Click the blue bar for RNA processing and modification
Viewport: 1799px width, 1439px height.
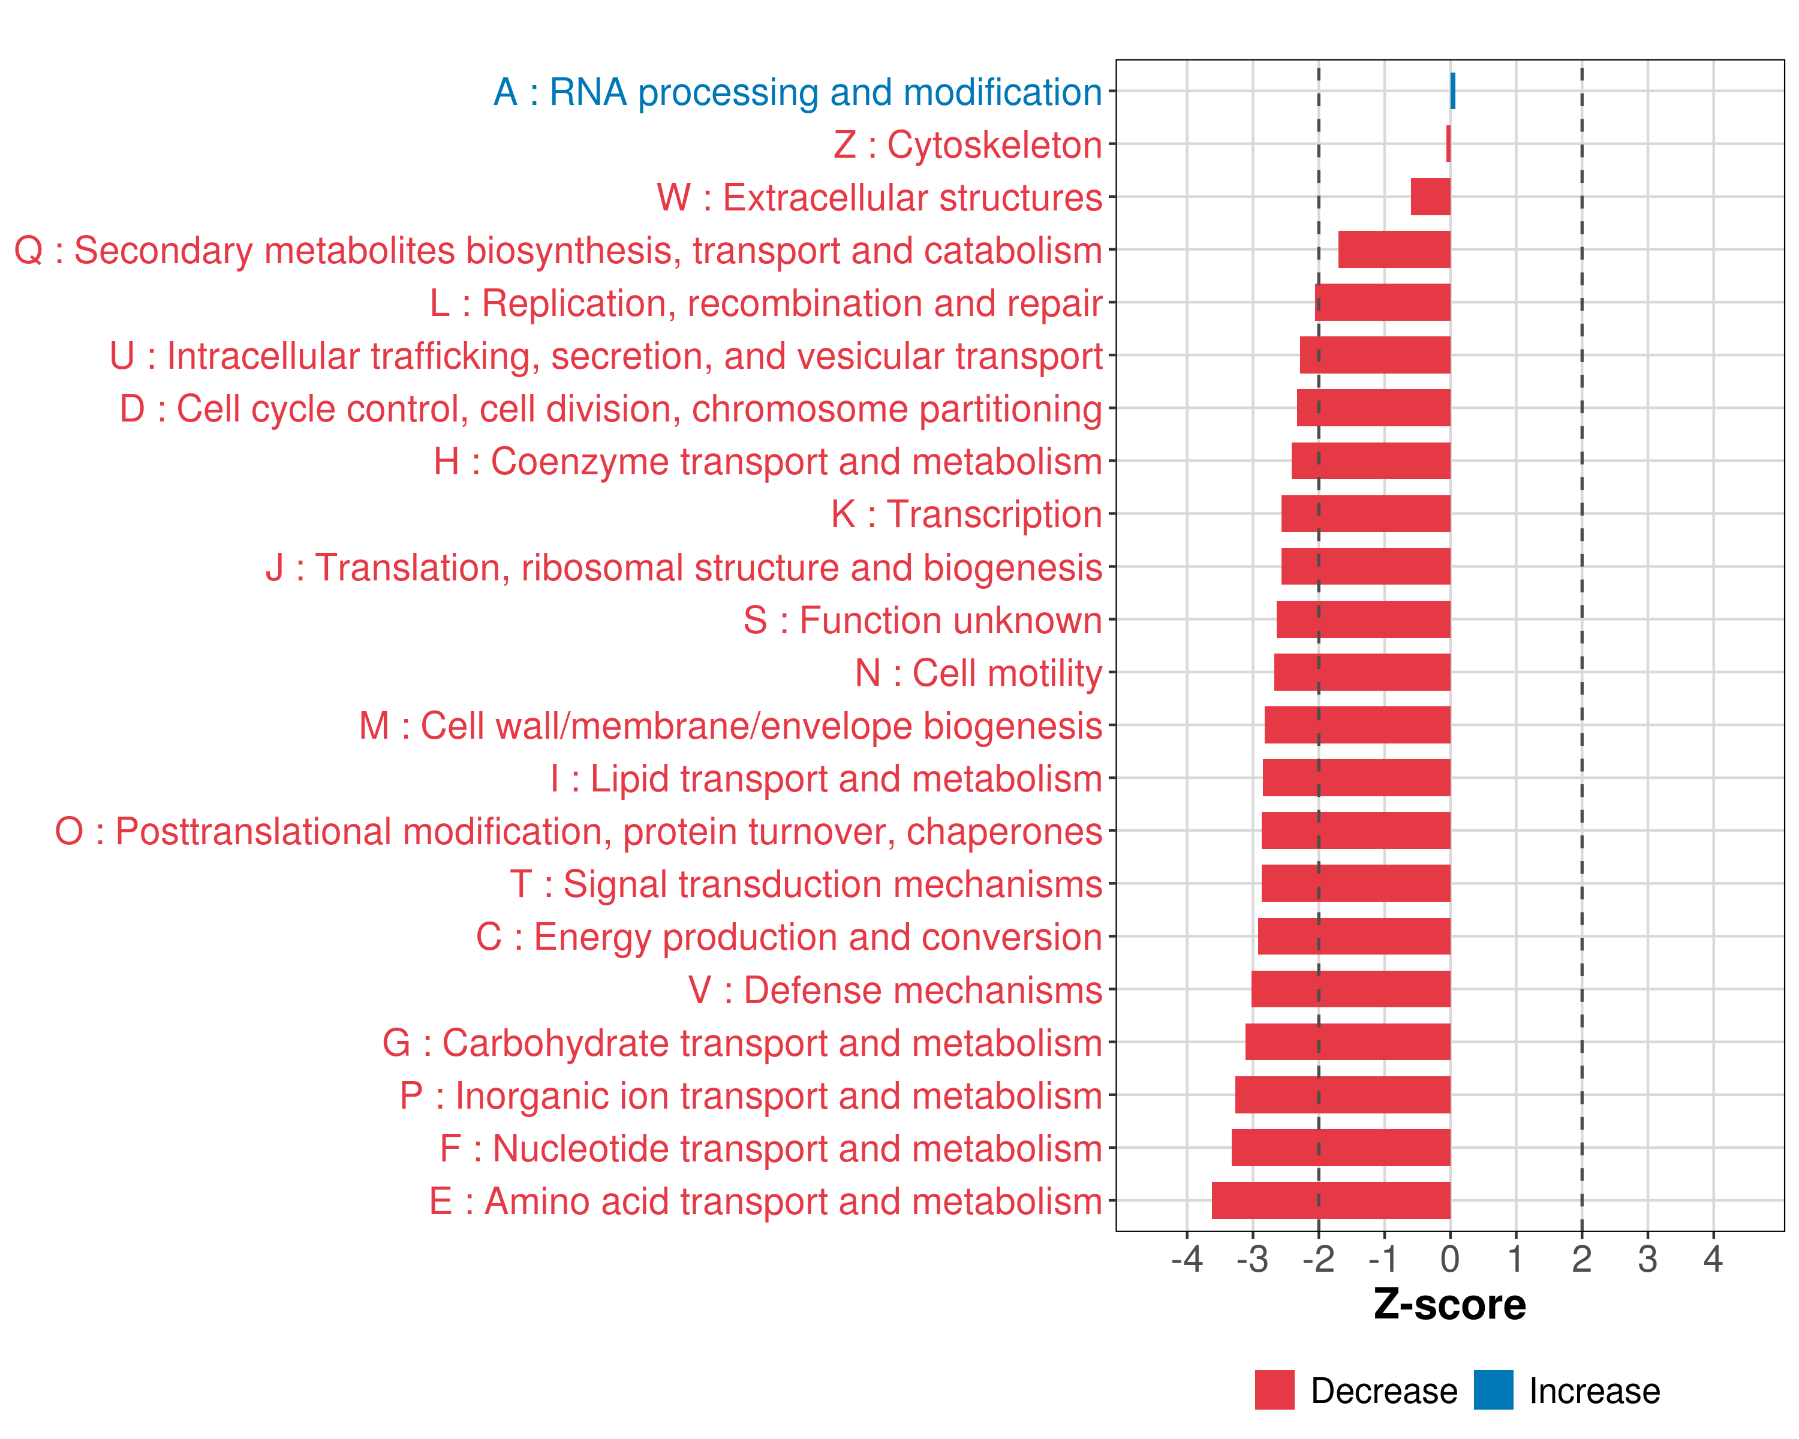coord(1453,91)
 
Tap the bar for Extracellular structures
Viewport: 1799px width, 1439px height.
coord(1430,197)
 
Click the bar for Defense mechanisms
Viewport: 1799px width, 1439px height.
coord(1351,989)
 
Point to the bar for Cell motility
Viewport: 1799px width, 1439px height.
coord(1362,672)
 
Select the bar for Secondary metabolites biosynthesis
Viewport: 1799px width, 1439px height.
coord(1394,249)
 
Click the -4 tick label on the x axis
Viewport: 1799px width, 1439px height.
coord(1187,1259)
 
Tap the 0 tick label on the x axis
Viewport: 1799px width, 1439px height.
coord(1450,1259)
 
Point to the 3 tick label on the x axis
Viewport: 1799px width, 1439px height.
coord(1647,1259)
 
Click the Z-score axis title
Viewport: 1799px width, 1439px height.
coord(1449,1305)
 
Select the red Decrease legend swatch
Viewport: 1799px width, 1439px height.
coord(1274,1390)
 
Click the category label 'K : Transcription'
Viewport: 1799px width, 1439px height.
coord(966,514)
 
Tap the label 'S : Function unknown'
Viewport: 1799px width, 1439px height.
coord(923,620)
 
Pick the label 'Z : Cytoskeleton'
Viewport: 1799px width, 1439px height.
coord(968,145)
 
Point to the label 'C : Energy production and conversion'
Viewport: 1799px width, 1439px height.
coord(789,937)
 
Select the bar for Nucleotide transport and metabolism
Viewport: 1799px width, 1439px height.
coord(1341,1147)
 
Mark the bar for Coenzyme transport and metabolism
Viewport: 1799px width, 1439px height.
coord(1371,460)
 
